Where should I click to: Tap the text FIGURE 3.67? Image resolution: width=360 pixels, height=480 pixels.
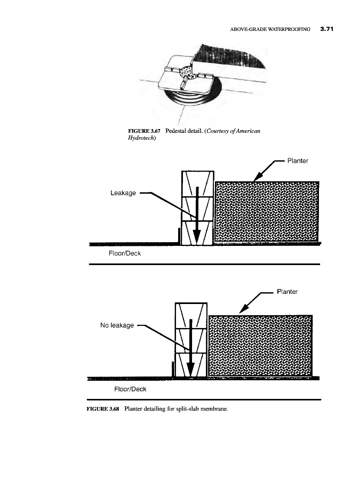pyautogui.click(x=146, y=131)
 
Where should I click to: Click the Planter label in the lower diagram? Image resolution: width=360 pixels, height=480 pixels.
pyautogui.click(x=287, y=292)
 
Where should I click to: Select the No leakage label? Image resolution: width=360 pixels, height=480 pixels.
pyautogui.click(x=117, y=325)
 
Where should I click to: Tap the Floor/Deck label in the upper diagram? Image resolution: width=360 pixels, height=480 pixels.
pyautogui.click(x=124, y=253)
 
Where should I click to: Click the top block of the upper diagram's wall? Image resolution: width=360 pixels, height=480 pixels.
pyautogui.click(x=198, y=183)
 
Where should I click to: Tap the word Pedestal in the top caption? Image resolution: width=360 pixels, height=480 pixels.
pyautogui.click(x=179, y=131)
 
